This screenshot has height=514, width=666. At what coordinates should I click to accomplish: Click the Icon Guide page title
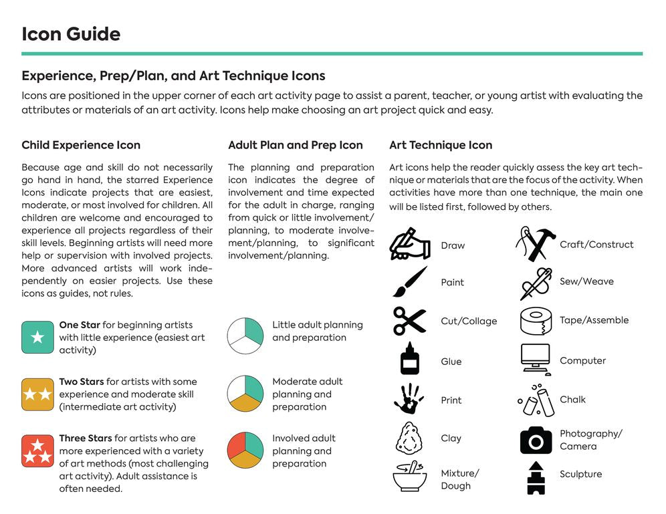[71, 34]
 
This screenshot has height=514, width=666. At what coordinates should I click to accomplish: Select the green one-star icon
[37, 337]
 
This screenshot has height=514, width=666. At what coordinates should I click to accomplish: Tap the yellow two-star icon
[37, 394]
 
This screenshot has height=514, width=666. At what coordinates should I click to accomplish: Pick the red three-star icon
[37, 451]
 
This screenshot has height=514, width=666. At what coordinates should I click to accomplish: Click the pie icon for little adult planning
[245, 336]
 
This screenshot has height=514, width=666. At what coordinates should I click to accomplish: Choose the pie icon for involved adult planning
[245, 450]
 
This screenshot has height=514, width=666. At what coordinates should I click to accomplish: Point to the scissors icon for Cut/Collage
[409, 321]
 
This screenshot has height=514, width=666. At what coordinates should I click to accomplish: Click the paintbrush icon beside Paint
[409, 281]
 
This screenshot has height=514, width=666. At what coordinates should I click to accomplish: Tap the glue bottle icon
[409, 359]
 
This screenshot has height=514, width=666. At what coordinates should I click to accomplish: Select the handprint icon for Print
[409, 399]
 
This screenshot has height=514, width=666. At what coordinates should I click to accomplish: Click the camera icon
[536, 440]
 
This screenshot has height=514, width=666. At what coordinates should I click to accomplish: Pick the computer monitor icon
[536, 360]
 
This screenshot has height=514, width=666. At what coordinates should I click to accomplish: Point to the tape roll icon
[536, 321]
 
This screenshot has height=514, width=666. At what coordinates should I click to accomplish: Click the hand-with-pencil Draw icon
[410, 244]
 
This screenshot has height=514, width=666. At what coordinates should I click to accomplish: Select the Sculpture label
[580, 474]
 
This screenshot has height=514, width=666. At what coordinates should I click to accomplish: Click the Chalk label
[572, 400]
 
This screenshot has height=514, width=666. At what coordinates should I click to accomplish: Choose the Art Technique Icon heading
[440, 145]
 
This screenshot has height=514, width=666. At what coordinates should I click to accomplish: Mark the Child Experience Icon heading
[81, 145]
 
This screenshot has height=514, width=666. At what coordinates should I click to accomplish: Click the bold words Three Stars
[85, 438]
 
